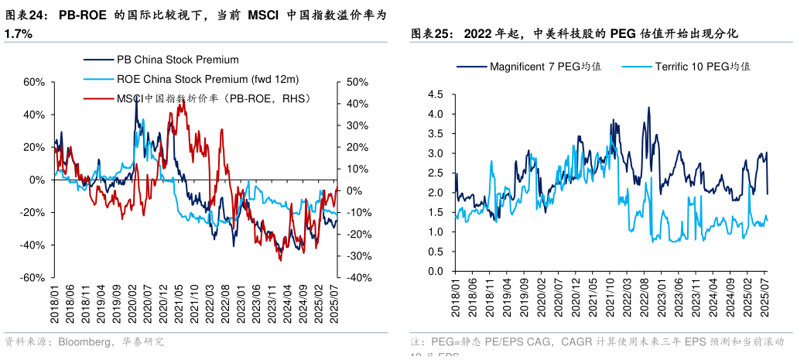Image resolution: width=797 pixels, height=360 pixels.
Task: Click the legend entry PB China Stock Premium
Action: (177, 60)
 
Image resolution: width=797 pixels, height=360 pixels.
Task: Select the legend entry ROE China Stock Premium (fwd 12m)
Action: (207, 79)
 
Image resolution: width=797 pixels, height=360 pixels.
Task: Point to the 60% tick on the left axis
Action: (34, 82)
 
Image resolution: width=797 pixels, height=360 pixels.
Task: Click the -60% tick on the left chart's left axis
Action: (32, 278)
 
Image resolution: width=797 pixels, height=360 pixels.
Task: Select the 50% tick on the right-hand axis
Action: (358, 82)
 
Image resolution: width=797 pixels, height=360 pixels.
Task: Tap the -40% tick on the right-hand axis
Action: (357, 278)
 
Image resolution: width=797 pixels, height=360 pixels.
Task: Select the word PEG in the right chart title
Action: (624, 33)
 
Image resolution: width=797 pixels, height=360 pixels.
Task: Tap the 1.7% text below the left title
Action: (18, 34)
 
